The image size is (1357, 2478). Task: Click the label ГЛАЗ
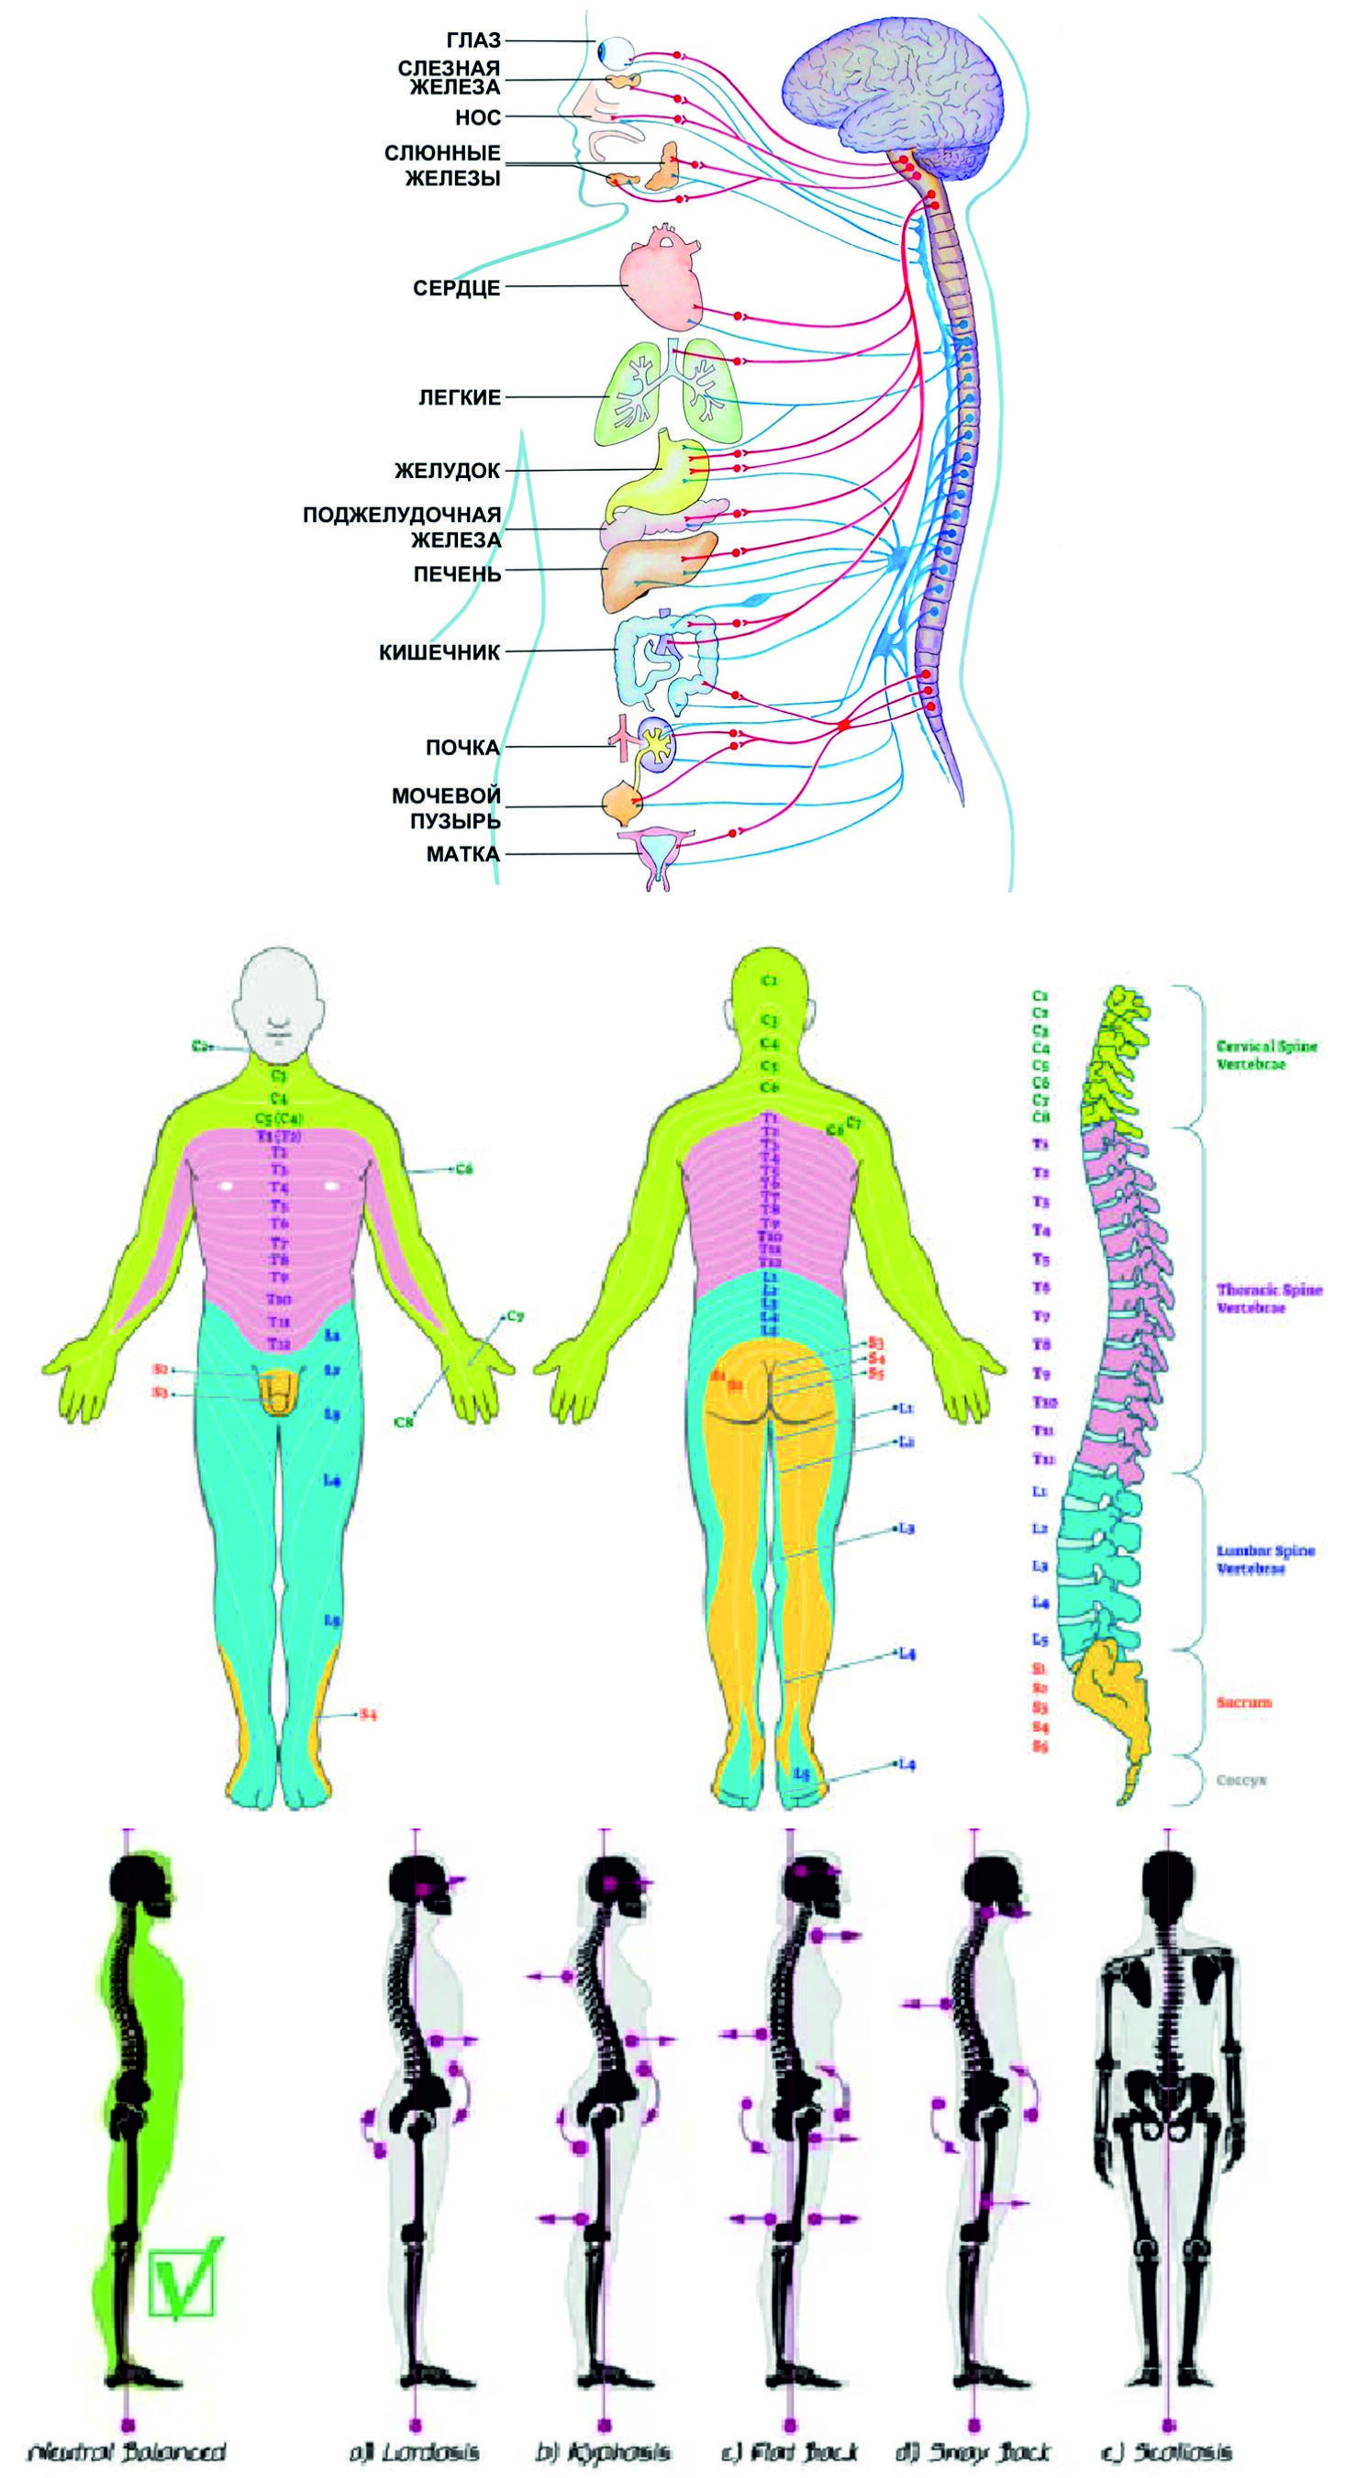click(x=473, y=41)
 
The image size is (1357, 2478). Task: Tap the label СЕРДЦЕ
click(x=456, y=288)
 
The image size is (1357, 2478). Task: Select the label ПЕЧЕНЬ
click(x=457, y=574)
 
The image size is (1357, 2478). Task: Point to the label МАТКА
click(x=462, y=854)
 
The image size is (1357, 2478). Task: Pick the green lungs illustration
click(x=663, y=394)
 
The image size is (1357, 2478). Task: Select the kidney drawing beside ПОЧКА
click(x=657, y=746)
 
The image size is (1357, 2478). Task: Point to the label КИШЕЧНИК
click(x=439, y=652)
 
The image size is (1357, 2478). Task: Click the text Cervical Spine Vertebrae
click(x=1266, y=1054)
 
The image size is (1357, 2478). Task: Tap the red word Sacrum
click(x=1243, y=1702)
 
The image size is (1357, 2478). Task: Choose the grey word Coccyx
click(x=1240, y=1781)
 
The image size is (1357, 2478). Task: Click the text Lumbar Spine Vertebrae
click(x=1265, y=1560)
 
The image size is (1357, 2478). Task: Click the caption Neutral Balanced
click(x=127, y=2444)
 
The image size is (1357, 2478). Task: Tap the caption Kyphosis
click(x=603, y=2444)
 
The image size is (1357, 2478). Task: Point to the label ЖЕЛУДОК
click(x=447, y=472)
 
